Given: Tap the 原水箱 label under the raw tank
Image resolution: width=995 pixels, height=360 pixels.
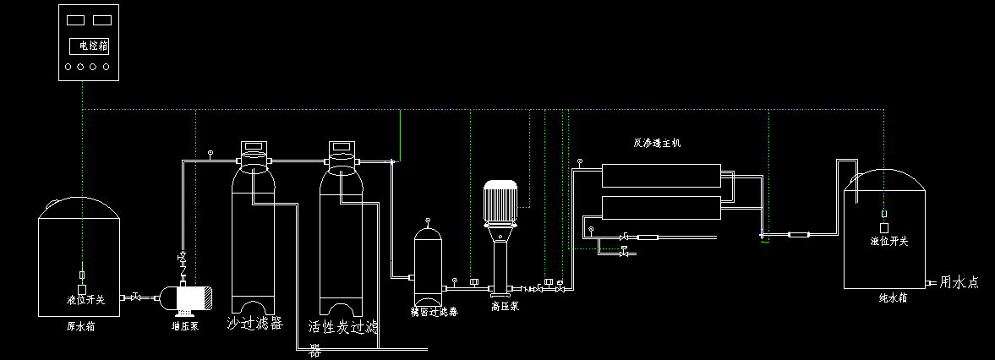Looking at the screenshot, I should click(x=80, y=326).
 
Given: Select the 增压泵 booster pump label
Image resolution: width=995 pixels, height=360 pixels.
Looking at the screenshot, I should click(x=184, y=325).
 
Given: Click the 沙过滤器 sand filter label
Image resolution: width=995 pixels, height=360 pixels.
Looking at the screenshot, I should click(x=254, y=324).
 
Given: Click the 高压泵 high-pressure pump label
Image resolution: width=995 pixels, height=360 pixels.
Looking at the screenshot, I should click(x=504, y=306).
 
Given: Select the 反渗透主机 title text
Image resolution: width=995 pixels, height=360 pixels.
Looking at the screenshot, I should click(x=657, y=144).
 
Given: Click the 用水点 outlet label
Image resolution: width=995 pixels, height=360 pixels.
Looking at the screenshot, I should click(x=959, y=283).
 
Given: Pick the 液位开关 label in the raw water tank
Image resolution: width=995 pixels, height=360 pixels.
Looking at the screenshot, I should click(x=85, y=300).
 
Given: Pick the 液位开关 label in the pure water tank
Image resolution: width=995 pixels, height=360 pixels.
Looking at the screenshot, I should click(x=888, y=242).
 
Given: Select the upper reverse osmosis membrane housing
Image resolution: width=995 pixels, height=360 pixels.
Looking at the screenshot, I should click(x=661, y=176).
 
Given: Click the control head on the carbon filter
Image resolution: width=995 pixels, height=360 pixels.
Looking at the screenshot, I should click(x=342, y=152).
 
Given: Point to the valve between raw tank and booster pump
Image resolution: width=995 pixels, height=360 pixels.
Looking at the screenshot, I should click(x=135, y=297).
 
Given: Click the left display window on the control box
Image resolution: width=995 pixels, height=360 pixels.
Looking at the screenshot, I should click(x=75, y=19).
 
